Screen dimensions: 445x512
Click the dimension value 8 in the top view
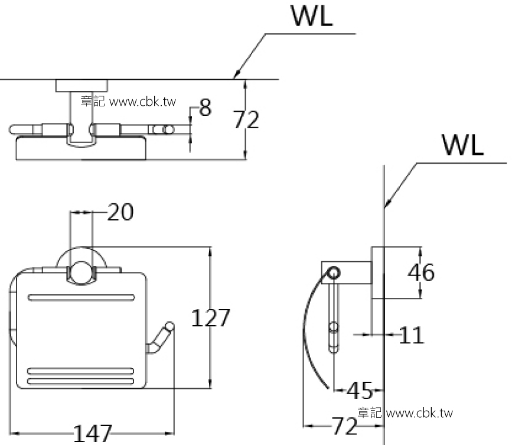pyautogui.click(x=205, y=108)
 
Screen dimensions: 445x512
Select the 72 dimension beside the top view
pyautogui.click(x=246, y=120)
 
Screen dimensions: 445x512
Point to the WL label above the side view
pyautogui.click(x=462, y=144)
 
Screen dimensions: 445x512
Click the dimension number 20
pyautogui.click(x=120, y=212)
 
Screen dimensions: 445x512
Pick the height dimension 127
pyautogui.click(x=210, y=318)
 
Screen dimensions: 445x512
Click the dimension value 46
pyautogui.click(x=422, y=272)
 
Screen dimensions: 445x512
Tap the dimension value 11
pyautogui.click(x=412, y=336)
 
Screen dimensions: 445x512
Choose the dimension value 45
pyautogui.click(x=359, y=390)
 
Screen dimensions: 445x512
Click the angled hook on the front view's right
pyautogui.click(x=161, y=339)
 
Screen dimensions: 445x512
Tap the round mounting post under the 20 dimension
pyautogui.click(x=81, y=274)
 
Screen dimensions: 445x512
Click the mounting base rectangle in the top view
pyautogui.click(x=83, y=86)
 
